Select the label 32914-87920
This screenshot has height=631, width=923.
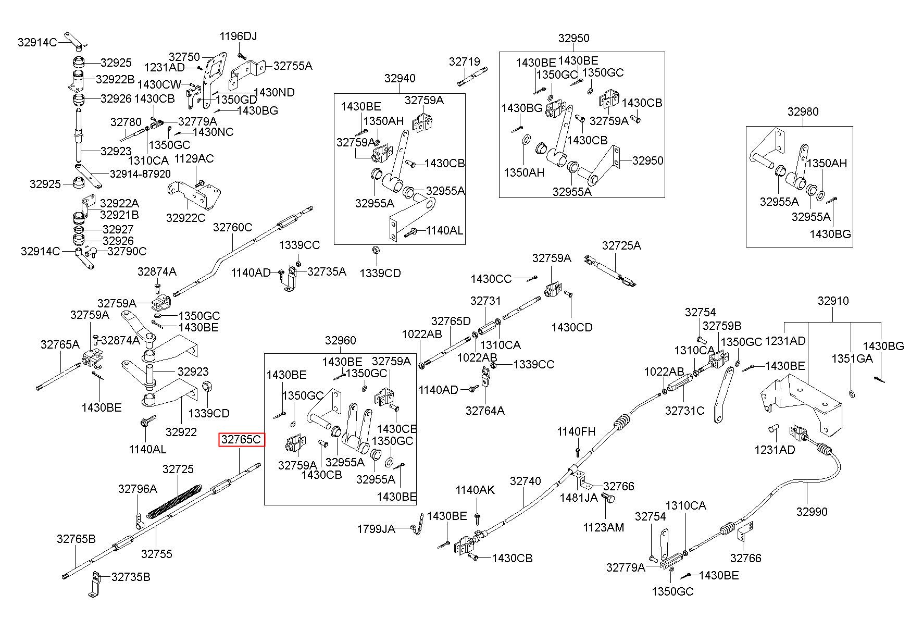(140, 174)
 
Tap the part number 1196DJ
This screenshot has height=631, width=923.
(238, 36)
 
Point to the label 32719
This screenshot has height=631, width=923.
(465, 62)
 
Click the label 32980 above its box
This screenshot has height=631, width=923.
(803, 112)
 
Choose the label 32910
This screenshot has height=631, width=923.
(833, 301)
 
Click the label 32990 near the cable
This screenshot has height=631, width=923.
(812, 512)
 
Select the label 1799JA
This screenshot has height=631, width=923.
(376, 529)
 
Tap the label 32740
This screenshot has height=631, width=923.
(526, 481)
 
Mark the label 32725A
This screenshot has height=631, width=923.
(621, 245)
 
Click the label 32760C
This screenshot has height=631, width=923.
(233, 227)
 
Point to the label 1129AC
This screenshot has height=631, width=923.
(194, 158)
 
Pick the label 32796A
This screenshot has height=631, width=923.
(138, 489)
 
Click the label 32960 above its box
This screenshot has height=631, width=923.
(341, 341)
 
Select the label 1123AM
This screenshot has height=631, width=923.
(603, 527)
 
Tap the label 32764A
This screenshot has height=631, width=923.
(485, 411)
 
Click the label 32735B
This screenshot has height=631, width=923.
(131, 577)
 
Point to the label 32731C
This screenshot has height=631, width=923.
(684, 411)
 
